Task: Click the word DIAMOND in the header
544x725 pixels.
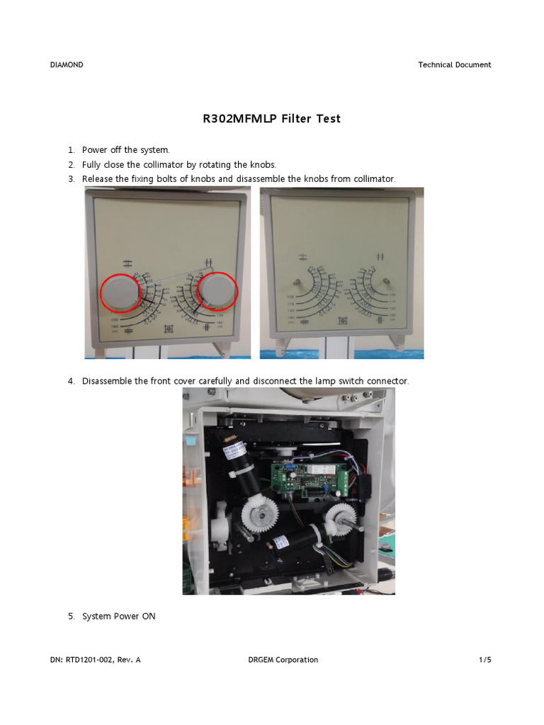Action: pos(67,64)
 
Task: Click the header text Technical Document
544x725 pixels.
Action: pos(454,64)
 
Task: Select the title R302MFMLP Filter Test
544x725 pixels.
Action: pos(271,119)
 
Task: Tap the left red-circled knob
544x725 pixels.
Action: pos(120,292)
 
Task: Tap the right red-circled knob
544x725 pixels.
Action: pos(216,291)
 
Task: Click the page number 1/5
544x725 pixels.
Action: pos(484,660)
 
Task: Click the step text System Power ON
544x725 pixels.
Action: pos(118,616)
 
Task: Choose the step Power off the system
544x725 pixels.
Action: pos(126,150)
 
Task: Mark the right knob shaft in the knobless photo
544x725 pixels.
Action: pos(386,282)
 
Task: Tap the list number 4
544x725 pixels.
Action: pos(72,381)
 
